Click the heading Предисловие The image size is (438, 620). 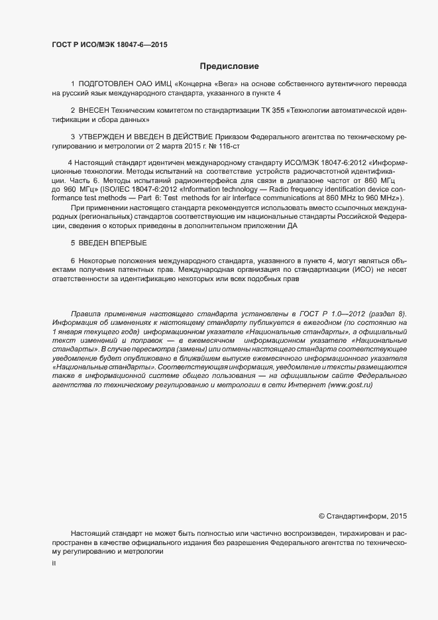click(x=229, y=66)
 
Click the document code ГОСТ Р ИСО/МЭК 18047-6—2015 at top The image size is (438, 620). click(x=109, y=44)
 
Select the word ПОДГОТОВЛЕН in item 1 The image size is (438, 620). click(x=107, y=84)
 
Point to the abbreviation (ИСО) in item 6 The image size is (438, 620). click(x=359, y=271)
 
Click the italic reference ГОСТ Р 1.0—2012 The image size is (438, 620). click(x=329, y=314)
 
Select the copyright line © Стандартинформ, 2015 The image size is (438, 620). click(x=362, y=515)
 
